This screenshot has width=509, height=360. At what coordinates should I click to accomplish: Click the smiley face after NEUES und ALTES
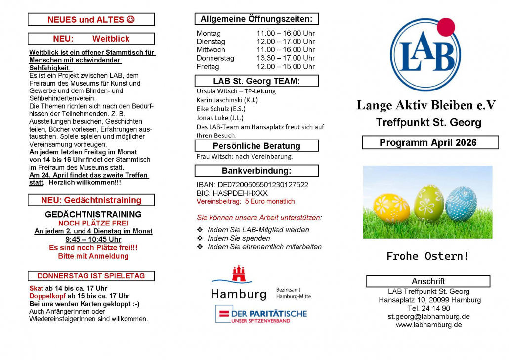[x=130, y=20]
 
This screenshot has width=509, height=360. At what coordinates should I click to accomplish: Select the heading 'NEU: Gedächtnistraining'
[x=91, y=200]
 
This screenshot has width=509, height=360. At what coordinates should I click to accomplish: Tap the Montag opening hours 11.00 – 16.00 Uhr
[x=285, y=33]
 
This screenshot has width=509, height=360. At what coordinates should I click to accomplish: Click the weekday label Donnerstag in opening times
[x=215, y=58]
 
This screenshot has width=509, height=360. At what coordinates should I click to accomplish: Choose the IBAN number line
[x=253, y=185]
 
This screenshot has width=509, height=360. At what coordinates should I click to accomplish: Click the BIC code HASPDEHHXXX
[x=232, y=193]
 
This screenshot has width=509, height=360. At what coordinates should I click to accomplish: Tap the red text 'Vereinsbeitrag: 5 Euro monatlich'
[x=246, y=202]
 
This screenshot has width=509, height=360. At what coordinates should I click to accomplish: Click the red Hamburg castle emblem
[x=239, y=275]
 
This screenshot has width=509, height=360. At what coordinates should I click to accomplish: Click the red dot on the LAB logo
[x=446, y=27]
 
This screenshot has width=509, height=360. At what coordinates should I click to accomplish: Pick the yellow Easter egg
[x=391, y=208]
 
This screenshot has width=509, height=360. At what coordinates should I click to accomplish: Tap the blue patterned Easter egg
[x=461, y=203]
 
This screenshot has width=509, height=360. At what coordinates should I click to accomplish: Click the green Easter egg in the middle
[x=428, y=203]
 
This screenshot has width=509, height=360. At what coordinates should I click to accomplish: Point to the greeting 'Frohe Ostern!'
[x=427, y=256]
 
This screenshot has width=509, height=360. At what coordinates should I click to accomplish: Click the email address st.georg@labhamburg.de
[x=428, y=316]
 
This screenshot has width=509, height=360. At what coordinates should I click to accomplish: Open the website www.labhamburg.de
[x=428, y=325]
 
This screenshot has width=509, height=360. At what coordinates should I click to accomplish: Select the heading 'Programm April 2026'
[x=428, y=143]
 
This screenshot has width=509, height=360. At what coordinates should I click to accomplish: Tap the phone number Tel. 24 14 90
[x=428, y=308]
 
